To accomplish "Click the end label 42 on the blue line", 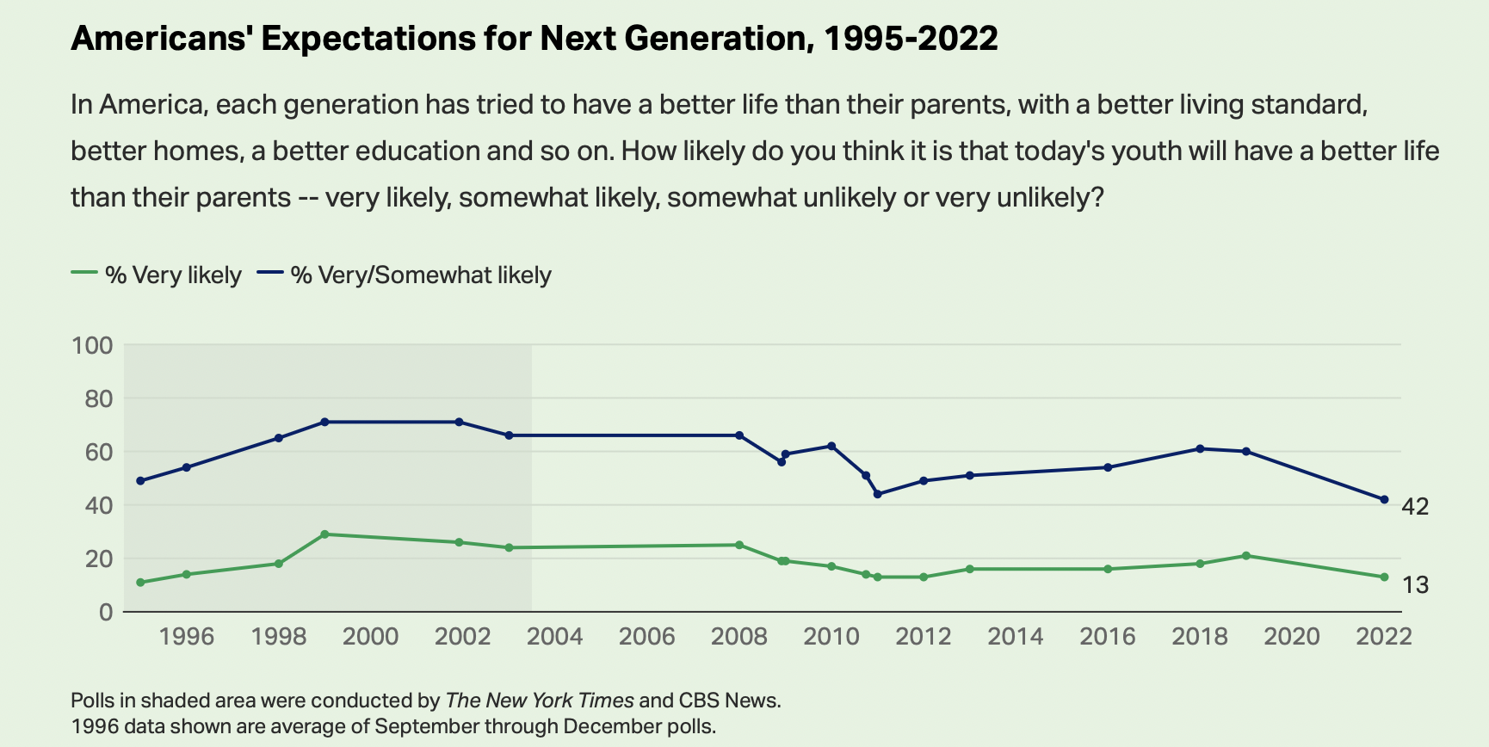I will (1415, 507).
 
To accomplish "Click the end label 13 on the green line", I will (1415, 585).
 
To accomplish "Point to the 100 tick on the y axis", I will (92, 346).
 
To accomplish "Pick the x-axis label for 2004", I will (555, 637).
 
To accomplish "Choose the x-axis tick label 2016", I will (1108, 637).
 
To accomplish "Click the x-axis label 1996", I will (187, 637).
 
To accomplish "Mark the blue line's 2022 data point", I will (1384, 499).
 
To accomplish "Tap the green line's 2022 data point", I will (1384, 577).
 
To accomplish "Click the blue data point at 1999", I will (324, 422).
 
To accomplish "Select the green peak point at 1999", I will (324, 534).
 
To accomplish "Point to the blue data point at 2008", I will (739, 435).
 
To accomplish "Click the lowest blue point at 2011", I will (877, 494).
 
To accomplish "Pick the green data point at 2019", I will (1246, 556).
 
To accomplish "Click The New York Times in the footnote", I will (540, 701).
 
